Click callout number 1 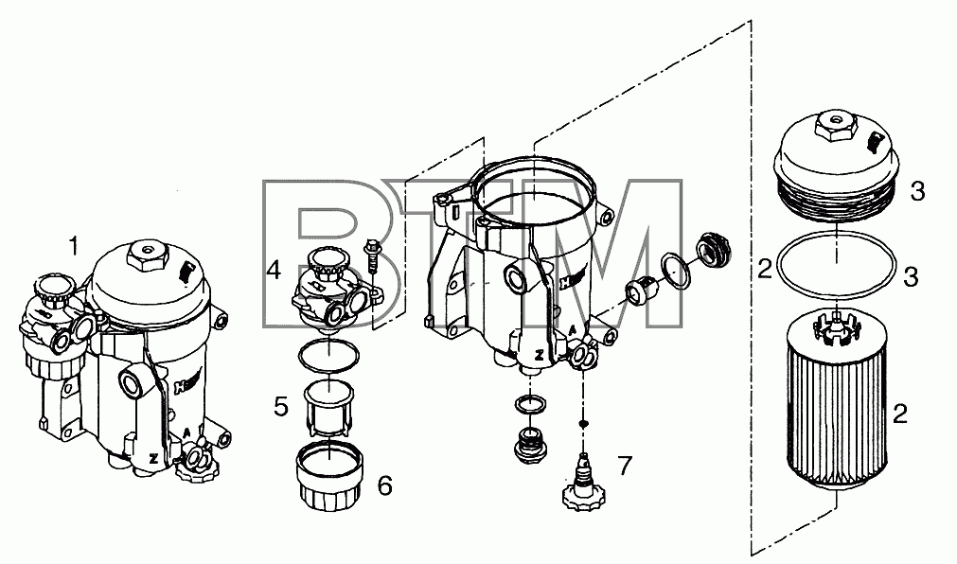coord(74,247)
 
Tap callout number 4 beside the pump coord(274,269)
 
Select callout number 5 coord(281,407)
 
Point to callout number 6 coord(385,485)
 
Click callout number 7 coord(625,466)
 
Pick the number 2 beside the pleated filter coord(900,414)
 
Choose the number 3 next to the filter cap coord(918,192)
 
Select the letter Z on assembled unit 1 coord(153,458)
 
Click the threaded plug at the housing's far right coord(714,249)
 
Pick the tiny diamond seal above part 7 coord(584,423)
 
